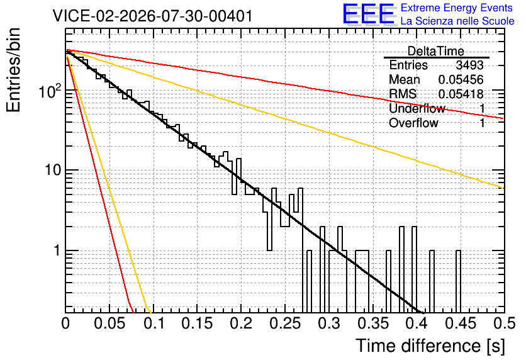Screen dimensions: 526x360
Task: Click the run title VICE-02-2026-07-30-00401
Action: click(x=153, y=16)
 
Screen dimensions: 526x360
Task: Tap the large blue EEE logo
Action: click(x=368, y=14)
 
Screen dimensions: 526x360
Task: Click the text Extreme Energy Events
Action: click(x=457, y=8)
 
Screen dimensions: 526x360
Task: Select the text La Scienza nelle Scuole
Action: click(x=457, y=21)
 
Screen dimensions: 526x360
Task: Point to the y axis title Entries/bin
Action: click(x=14, y=70)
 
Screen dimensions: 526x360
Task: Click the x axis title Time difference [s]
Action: click(x=430, y=346)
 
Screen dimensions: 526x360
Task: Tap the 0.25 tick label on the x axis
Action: click(x=285, y=323)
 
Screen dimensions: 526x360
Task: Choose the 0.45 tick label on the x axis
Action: click(x=461, y=323)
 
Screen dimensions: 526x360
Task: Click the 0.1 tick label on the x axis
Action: click(x=155, y=323)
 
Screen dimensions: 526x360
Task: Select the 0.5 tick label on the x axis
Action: click(x=504, y=323)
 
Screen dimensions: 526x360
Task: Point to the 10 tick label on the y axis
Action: click(x=53, y=171)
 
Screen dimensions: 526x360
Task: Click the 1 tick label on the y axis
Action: click(x=57, y=250)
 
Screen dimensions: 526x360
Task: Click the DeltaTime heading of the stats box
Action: click(x=436, y=51)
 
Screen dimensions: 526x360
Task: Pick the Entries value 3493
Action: click(x=469, y=65)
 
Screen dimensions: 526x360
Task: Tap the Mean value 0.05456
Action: click(x=461, y=80)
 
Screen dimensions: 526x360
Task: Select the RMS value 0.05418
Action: click(x=461, y=94)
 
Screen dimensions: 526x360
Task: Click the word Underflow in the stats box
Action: click(x=417, y=108)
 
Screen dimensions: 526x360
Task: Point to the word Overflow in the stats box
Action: click(x=413, y=123)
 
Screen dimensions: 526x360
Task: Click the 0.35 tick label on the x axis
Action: click(x=372, y=323)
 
